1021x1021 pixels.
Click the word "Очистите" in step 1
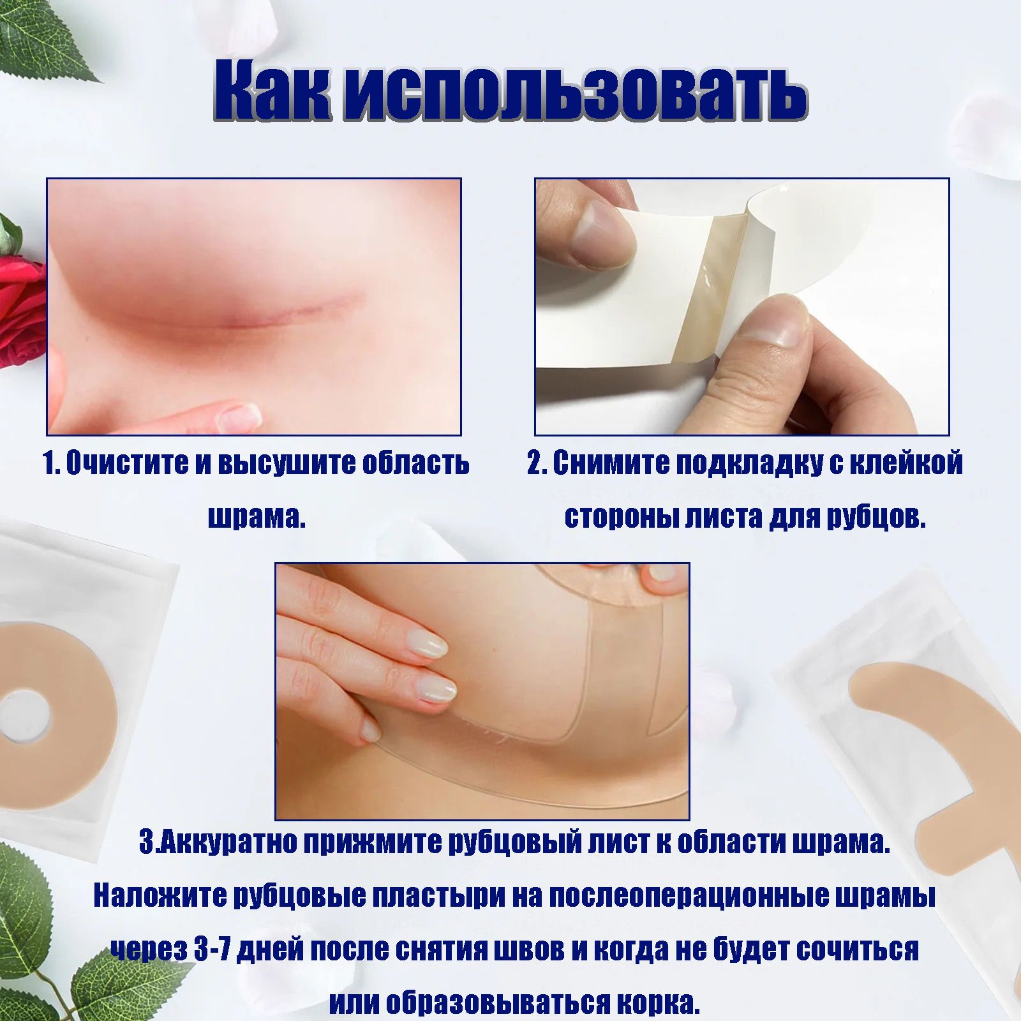(127, 463)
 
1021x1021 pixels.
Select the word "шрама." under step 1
(257, 518)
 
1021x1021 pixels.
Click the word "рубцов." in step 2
(876, 517)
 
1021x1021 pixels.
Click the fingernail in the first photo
(241, 418)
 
